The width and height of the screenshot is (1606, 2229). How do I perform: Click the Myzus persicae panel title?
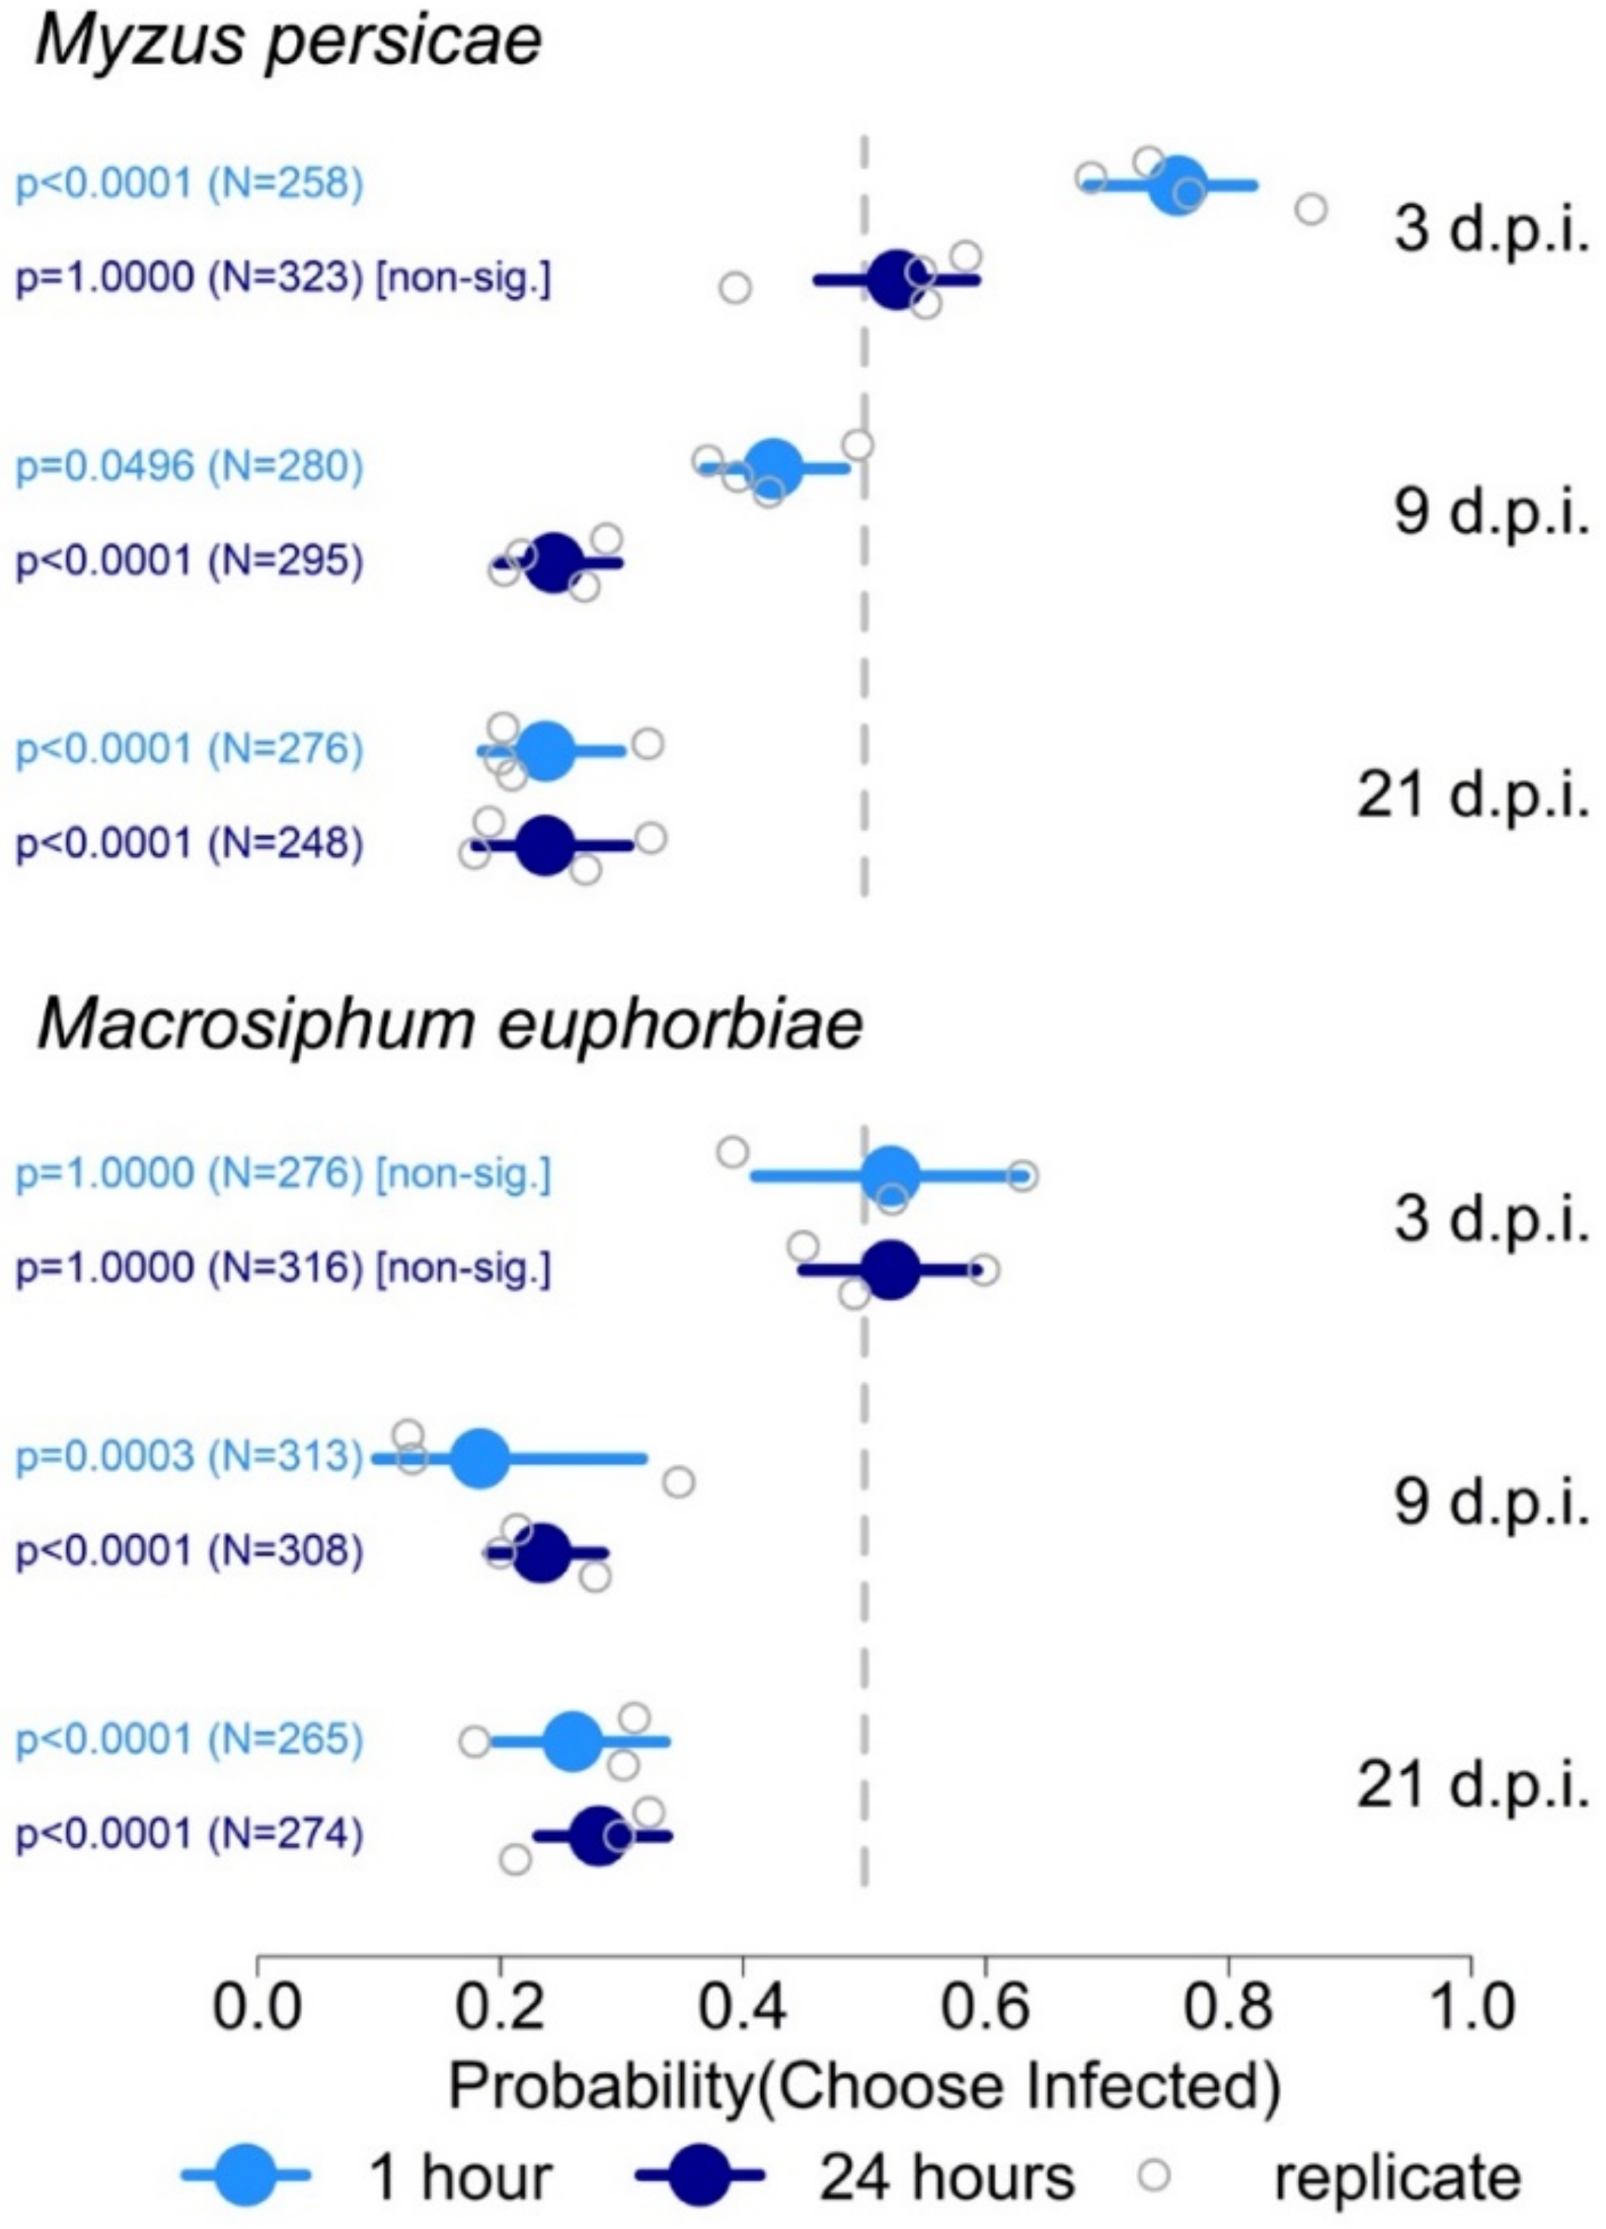(288, 41)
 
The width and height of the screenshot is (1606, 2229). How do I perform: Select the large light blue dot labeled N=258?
(1177, 184)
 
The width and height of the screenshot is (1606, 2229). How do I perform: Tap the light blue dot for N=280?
(774, 468)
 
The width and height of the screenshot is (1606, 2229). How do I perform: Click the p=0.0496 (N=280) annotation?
(189, 467)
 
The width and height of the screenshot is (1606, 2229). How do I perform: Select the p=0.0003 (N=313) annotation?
(189, 1456)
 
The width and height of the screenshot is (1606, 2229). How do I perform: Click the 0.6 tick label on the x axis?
(985, 2008)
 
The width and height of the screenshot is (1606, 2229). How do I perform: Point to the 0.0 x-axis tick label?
(258, 2008)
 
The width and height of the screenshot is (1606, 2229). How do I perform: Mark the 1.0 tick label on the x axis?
(1470, 2008)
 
